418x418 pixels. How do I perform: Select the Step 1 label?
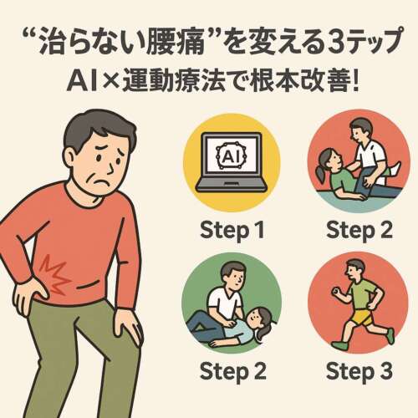(232, 231)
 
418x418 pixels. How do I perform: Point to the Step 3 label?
(359, 371)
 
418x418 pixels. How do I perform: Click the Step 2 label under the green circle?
(233, 371)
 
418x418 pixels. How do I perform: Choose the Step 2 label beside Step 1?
(359, 231)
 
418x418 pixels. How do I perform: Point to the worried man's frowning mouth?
(99, 181)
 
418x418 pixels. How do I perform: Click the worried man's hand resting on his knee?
(127, 326)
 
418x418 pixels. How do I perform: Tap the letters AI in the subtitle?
(81, 81)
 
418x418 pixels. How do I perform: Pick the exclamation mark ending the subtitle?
(354, 81)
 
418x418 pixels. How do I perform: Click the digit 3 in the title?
(336, 42)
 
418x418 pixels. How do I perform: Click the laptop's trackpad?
(232, 183)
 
